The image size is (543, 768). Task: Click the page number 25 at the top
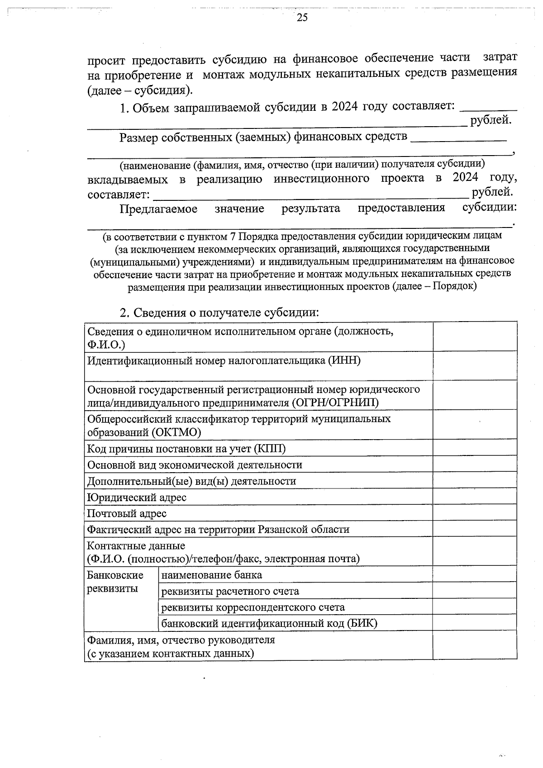pos(302,18)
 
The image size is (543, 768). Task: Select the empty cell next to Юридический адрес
pos(475,497)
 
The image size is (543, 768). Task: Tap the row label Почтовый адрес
pos(127,513)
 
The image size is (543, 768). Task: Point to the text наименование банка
pos(211,575)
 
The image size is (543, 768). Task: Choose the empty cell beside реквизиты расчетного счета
pos(475,591)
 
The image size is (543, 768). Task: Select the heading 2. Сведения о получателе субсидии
pos(219,313)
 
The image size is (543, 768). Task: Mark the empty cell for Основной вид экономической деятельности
pos(475,465)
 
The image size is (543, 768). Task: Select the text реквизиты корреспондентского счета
pos(253,607)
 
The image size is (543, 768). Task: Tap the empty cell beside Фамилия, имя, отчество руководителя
pos(475,647)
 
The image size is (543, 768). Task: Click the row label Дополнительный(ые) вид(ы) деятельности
pos(191,481)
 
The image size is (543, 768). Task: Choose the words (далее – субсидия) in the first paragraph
pos(140,90)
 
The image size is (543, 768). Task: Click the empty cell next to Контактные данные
pos(475,551)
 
